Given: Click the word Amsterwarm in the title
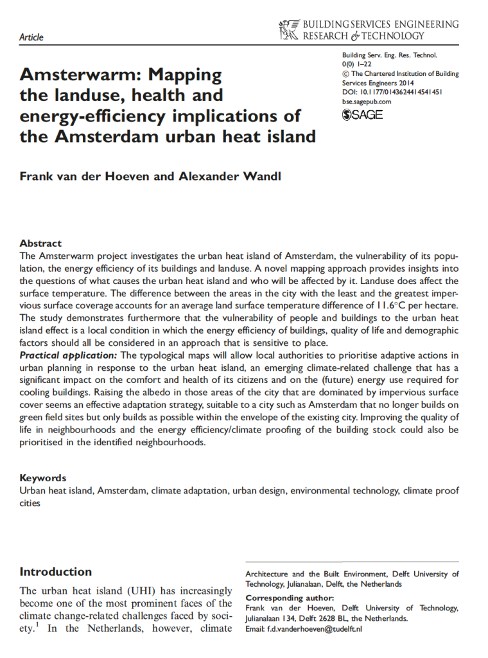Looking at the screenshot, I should point(76,75).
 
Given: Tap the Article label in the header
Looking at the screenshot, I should point(31,37).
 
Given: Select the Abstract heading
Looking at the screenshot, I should point(40,244).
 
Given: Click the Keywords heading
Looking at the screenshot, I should point(43,478).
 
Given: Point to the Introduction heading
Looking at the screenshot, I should point(56,571).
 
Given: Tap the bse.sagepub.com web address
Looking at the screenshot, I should point(367,101).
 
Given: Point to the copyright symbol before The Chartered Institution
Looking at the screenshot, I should point(346,74).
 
